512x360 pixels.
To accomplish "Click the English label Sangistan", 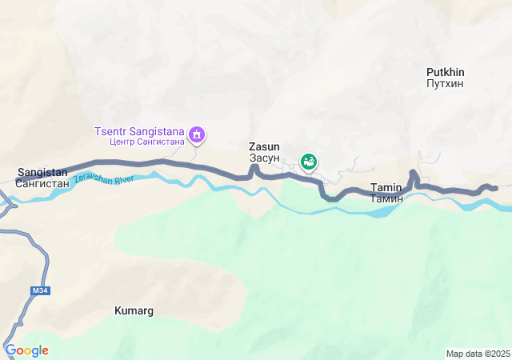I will click(42, 172).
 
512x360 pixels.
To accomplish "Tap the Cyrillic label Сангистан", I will click(42, 183).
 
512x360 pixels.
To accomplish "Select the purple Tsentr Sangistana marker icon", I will click(198, 136).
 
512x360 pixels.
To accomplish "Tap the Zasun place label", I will click(264, 147).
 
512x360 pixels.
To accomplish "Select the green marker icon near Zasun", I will click(308, 162).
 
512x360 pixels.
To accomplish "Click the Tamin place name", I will click(386, 187).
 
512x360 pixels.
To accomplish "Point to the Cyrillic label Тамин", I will click(386, 198).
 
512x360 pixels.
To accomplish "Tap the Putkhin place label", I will click(446, 72).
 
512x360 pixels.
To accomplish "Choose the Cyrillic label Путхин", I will click(446, 83).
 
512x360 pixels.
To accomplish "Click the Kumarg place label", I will click(134, 310).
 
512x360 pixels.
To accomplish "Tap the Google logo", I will click(26, 350).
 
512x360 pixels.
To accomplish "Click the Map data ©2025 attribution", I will click(478, 354).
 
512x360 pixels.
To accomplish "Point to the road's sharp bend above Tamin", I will click(413, 174).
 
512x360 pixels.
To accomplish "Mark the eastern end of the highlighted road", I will click(495, 188).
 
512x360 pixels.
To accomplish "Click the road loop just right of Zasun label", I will click(255, 168).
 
